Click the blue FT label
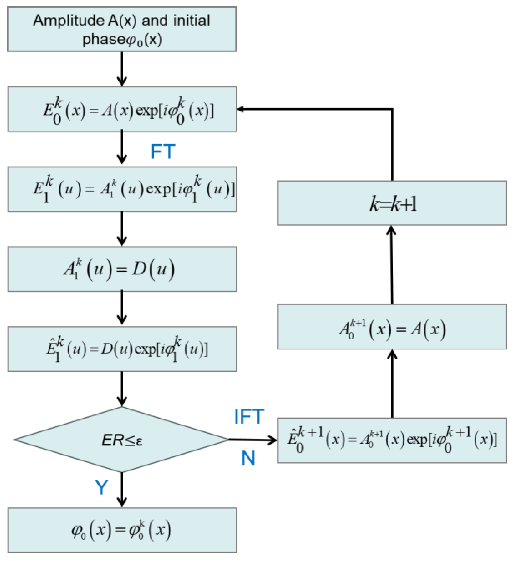pos(163,152)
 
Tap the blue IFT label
pos(249,416)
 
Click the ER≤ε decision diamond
pos(121,440)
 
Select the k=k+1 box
pos(392,203)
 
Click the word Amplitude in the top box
pos(69,21)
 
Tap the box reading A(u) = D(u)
pos(122,269)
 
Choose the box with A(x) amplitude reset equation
pos(392,327)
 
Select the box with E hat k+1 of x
pos(392,440)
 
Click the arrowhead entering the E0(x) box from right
pos(240,109)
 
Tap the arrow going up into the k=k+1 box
pos(392,264)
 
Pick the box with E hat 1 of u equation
pos(122,349)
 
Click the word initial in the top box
pos(192,21)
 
